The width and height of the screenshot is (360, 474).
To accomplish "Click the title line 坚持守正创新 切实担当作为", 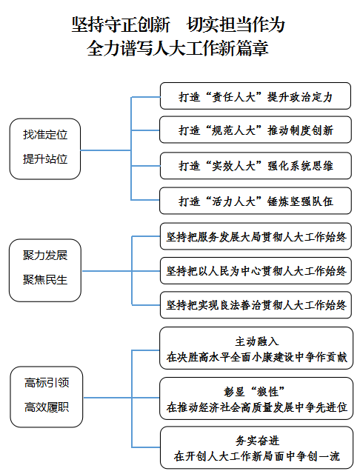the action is pyautogui.click(x=178, y=24).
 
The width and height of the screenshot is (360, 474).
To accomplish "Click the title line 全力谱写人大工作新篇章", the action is pyautogui.click(x=178, y=48).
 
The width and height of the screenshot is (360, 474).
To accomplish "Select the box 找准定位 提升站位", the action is pyautogui.click(x=45, y=149).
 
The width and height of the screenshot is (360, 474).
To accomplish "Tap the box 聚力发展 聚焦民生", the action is pyautogui.click(x=45, y=270).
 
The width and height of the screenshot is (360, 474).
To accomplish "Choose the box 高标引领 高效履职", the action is pyautogui.click(x=47, y=397).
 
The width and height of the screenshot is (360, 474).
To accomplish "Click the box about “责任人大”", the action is pyautogui.click(x=256, y=96).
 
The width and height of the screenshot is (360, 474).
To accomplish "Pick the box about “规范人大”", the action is pyautogui.click(x=256, y=130).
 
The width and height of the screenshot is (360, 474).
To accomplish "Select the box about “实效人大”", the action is pyautogui.click(x=256, y=166).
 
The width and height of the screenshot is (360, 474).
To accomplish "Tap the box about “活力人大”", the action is pyautogui.click(x=256, y=201).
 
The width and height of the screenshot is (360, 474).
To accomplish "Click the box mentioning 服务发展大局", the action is pyautogui.click(x=256, y=236).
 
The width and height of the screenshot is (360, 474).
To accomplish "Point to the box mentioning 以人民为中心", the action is pyautogui.click(x=256, y=271).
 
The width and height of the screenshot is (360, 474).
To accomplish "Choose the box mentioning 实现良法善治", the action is pyautogui.click(x=256, y=305).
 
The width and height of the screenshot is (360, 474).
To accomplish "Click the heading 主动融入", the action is pyautogui.click(x=256, y=341).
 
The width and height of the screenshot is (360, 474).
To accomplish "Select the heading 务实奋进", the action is pyautogui.click(x=257, y=441).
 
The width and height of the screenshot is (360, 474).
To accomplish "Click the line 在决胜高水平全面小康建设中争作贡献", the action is pyautogui.click(x=256, y=357).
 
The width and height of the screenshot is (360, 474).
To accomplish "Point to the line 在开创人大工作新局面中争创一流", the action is pyautogui.click(x=256, y=456).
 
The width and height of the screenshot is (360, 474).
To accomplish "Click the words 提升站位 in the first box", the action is pyautogui.click(x=45, y=159).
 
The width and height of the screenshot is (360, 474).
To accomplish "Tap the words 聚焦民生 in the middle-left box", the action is pyautogui.click(x=45, y=280).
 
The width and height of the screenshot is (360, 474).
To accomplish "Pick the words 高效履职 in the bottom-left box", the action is pyautogui.click(x=47, y=407).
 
